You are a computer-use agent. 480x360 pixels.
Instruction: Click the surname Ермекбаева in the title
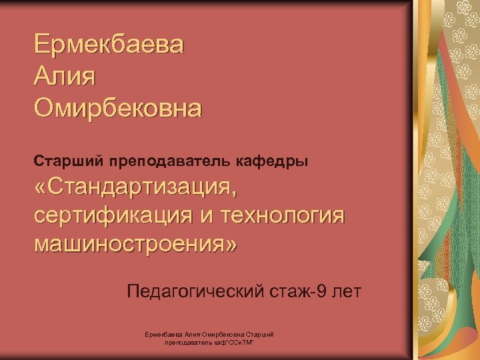(x=111, y=46)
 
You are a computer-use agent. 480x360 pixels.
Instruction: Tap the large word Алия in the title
(x=65, y=77)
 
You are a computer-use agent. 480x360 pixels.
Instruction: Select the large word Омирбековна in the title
(x=117, y=107)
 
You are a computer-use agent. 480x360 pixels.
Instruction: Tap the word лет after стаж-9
(x=343, y=291)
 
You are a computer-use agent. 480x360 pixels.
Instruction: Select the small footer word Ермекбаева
(x=163, y=334)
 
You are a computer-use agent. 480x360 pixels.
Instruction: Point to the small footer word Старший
(x=260, y=334)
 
